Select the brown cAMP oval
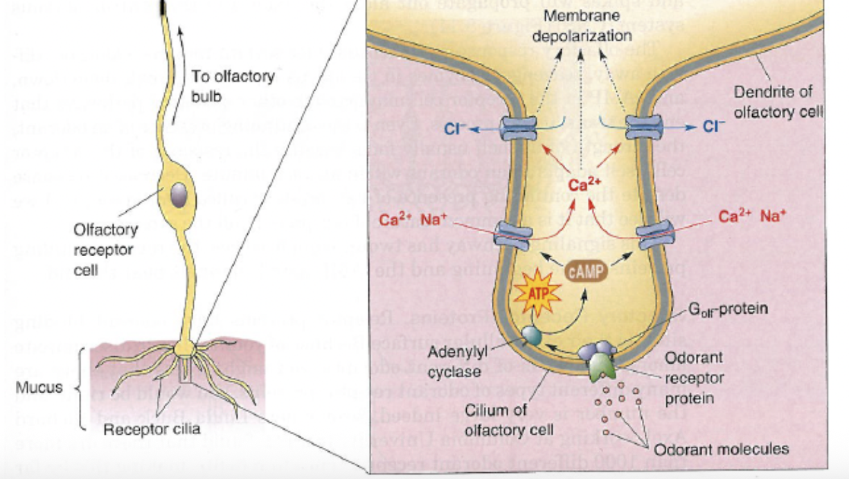pyautogui.click(x=586, y=271)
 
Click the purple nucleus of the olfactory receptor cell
pyautogui.click(x=179, y=192)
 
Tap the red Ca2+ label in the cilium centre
pyautogui.click(x=582, y=185)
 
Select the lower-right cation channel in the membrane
pyautogui.click(x=654, y=235)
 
